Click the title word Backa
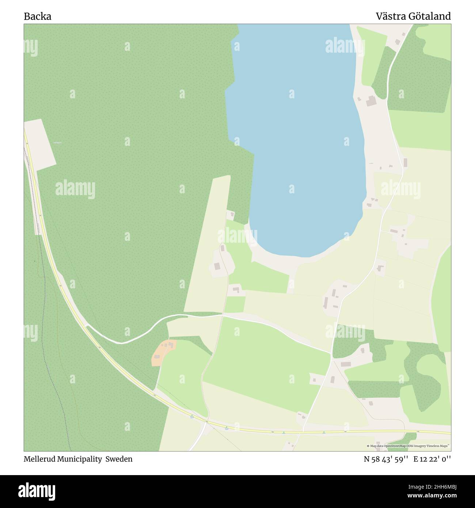click(x=37, y=16)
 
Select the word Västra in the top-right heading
click(x=391, y=16)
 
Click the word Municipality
click(x=80, y=459)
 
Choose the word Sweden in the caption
click(x=119, y=459)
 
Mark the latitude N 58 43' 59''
click(x=387, y=459)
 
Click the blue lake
click(x=296, y=146)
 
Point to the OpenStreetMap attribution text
click(x=408, y=446)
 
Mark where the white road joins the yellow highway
click(x=87, y=326)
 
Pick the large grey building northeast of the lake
click(x=371, y=101)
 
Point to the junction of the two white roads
click(x=332, y=353)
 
